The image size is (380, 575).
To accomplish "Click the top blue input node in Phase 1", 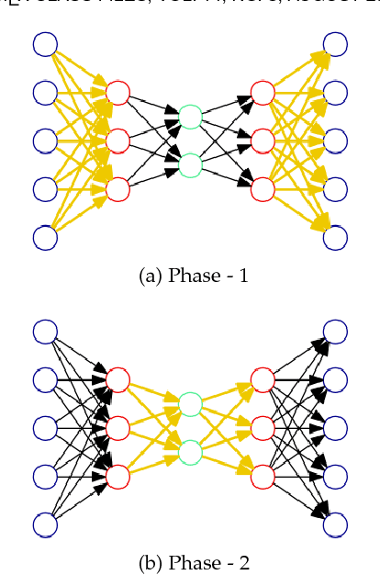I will [45, 44].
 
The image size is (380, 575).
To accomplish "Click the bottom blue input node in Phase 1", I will [45, 237].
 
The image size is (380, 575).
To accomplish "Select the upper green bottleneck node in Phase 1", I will [190, 117].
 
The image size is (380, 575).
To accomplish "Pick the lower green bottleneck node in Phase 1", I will [190, 164].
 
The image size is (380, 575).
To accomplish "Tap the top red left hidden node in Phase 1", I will [117, 93].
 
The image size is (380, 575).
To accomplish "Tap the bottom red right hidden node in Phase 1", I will [263, 189].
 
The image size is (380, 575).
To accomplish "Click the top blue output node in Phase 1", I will [335, 44].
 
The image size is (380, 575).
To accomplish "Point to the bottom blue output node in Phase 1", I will [335, 237].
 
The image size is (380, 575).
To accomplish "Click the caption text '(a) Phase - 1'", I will [191, 276].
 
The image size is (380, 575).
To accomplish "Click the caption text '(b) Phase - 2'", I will [191, 562].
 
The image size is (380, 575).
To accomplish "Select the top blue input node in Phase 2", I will [45, 332].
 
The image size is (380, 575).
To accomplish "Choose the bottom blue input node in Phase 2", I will [45, 524].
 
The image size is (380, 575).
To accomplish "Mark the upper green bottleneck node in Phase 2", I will [190, 404].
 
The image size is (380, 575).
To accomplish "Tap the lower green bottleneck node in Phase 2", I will [190, 452].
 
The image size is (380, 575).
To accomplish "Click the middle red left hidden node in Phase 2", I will [117, 428].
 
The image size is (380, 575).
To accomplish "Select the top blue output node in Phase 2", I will [335, 332].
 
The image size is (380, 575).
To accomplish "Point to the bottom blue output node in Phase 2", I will [335, 524].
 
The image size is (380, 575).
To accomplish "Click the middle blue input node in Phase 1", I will [45, 141].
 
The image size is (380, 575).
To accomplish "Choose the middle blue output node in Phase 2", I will [335, 428].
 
